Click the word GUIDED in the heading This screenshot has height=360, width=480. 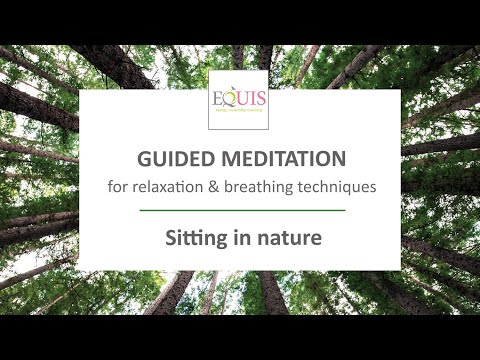point(167,160)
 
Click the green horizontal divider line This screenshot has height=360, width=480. point(240,211)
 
